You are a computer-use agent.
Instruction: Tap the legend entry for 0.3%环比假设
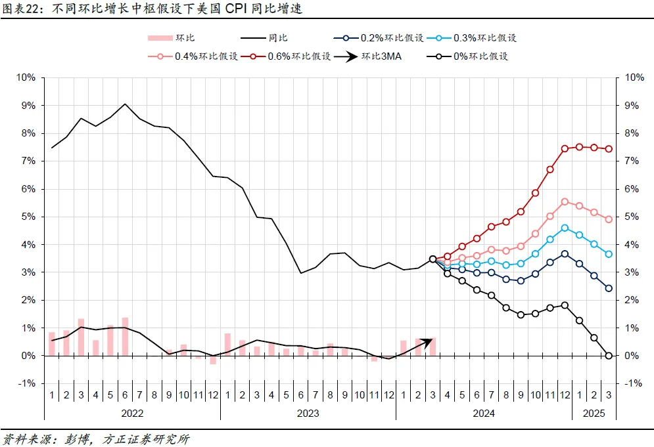pyautogui.click(x=471, y=38)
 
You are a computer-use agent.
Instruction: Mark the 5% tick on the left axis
pyautogui.click(x=28, y=217)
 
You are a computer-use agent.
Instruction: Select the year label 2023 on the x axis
pyautogui.click(x=308, y=414)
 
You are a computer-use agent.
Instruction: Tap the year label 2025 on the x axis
pyautogui.click(x=594, y=414)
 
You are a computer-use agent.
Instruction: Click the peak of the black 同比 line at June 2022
pyautogui.click(x=125, y=104)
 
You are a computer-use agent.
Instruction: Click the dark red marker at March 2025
pyautogui.click(x=609, y=149)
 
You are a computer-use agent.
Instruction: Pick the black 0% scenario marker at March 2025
pyautogui.click(x=609, y=356)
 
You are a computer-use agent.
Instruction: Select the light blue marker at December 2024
pyautogui.click(x=565, y=228)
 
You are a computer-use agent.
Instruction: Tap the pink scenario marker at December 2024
pyautogui.click(x=565, y=202)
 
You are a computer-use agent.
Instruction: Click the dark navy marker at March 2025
pyautogui.click(x=609, y=288)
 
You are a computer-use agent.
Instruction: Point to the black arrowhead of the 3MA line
pyautogui.click(x=428, y=341)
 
